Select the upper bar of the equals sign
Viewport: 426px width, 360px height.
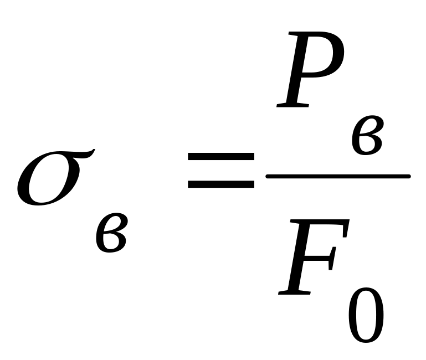pos(220,157)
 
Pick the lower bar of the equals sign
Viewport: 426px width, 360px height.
pos(220,183)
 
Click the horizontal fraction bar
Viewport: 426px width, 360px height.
pos(338,177)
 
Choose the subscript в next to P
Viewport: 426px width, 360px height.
pos(366,135)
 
